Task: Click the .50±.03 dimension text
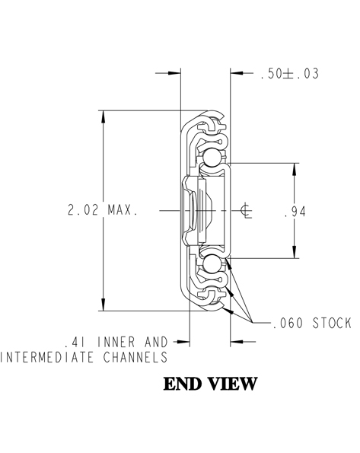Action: tap(290, 73)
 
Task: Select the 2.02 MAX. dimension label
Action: tap(103, 209)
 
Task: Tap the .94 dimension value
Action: tap(295, 212)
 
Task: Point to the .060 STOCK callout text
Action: tap(312, 323)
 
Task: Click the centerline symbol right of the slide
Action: tap(246, 211)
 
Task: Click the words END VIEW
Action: tap(210, 384)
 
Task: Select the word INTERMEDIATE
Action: tap(47, 357)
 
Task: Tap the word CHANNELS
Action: tap(135, 357)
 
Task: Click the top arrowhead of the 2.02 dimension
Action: tap(104, 117)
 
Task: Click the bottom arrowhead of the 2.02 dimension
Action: tap(104, 304)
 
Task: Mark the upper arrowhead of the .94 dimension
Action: tap(295, 170)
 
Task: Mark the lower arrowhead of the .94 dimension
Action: tap(295, 251)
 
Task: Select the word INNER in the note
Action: tap(116, 342)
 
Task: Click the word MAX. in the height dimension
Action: tap(123, 209)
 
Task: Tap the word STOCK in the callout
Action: tap(332, 323)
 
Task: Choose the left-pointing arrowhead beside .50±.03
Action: tap(237, 73)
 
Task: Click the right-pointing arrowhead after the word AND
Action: tap(183, 342)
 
